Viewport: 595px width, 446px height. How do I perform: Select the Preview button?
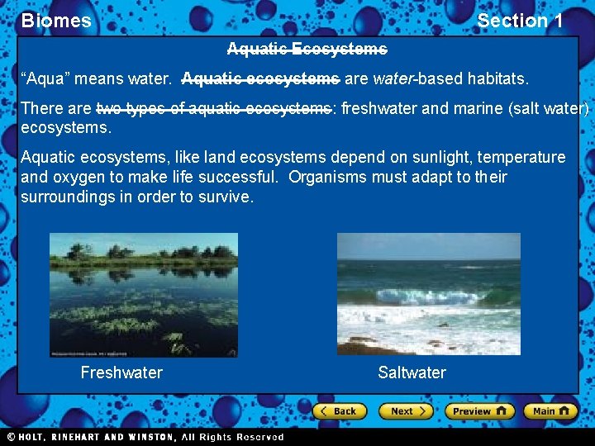(479, 410)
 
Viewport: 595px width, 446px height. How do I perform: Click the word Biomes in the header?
(56, 21)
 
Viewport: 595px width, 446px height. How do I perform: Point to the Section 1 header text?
(520, 21)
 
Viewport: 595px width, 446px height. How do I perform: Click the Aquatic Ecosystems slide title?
(307, 50)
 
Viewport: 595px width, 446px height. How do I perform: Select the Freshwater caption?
(121, 372)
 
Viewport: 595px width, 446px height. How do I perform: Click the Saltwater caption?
(412, 372)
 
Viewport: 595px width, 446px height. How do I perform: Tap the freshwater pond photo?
(144, 295)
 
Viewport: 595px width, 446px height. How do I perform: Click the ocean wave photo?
(428, 294)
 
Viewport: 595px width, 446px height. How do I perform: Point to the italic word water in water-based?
(392, 79)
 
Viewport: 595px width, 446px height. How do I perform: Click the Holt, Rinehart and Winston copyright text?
(145, 437)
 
